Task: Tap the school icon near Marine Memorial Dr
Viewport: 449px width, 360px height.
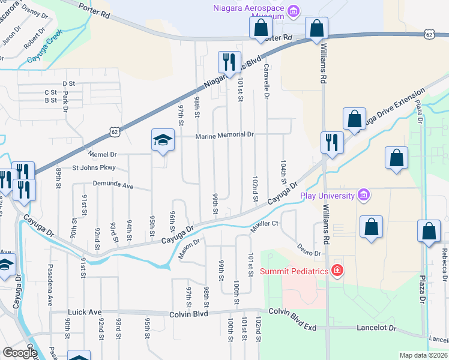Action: pyautogui.click(x=161, y=140)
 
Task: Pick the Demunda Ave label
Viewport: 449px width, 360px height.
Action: pyautogui.click(x=113, y=185)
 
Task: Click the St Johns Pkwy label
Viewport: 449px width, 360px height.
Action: pyautogui.click(x=94, y=168)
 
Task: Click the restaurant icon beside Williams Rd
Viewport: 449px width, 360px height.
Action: pyautogui.click(x=331, y=142)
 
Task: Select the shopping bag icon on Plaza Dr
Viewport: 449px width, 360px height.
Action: pyautogui.click(x=429, y=231)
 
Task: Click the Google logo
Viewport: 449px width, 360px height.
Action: pyautogui.click(x=20, y=353)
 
